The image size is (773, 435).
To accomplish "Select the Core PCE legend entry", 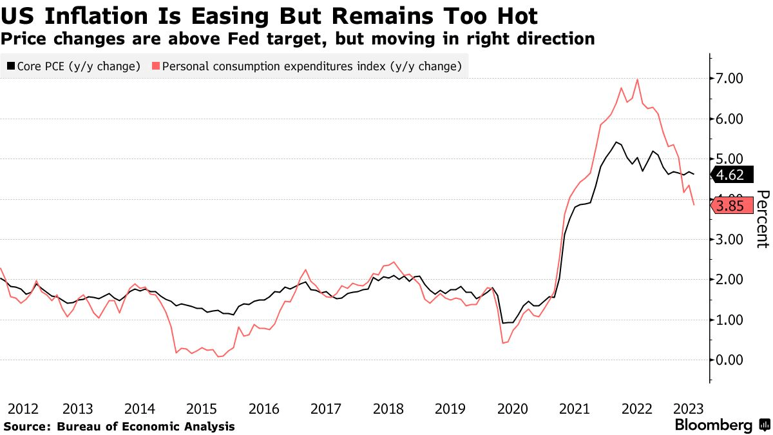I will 73,66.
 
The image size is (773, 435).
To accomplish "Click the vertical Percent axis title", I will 763,218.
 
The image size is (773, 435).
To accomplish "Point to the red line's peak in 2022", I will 637,80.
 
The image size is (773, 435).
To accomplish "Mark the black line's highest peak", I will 616,142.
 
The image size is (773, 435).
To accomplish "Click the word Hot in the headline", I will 519,15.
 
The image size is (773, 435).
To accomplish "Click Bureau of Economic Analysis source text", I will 146,427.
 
